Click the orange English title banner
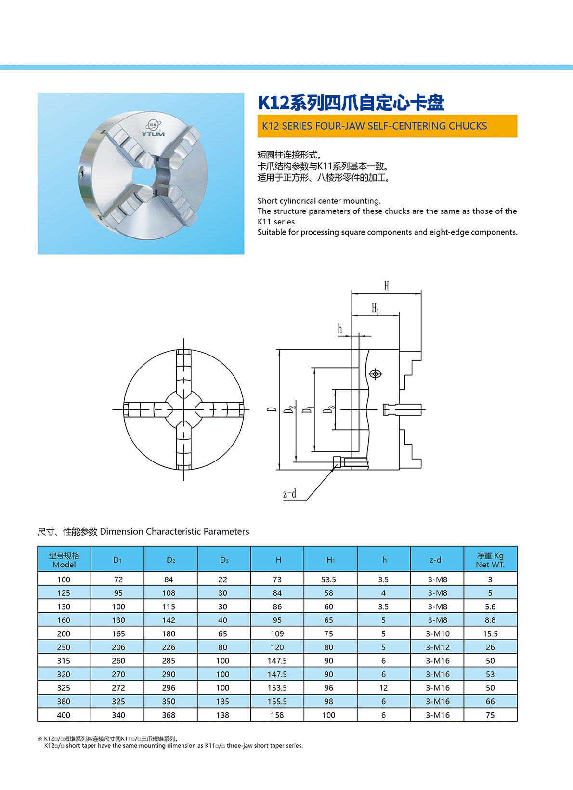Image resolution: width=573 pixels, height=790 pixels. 387,126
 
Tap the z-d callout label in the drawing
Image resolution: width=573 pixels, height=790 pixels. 289,494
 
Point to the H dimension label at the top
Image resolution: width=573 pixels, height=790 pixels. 386,286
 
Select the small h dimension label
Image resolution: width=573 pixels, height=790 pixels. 340,329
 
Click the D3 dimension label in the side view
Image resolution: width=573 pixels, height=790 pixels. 329,409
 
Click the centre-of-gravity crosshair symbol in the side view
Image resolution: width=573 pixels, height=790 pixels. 375,374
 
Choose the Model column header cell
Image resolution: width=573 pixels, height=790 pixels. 64,559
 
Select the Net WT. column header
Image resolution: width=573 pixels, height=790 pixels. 490,559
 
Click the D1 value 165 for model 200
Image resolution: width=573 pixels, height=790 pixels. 118,633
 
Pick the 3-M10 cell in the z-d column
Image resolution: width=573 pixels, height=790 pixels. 437,633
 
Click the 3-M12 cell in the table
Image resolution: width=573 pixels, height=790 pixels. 437,647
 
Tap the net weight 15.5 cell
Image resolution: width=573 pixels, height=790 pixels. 490,633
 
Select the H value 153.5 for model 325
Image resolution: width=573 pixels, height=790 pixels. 277,688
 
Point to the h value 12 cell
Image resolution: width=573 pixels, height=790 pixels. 383,688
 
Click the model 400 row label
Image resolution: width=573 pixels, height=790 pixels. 64,715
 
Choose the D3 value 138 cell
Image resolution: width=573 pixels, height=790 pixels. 222,715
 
